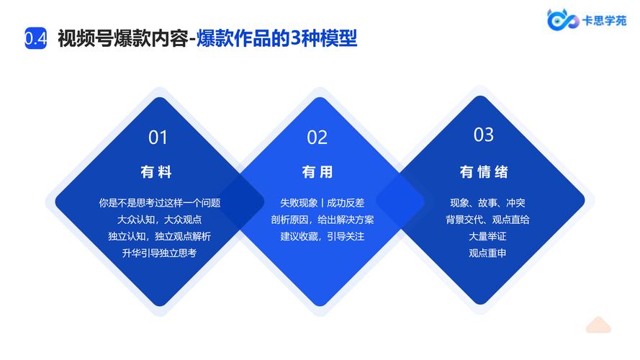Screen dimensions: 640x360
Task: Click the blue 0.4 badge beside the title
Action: [x=35, y=38]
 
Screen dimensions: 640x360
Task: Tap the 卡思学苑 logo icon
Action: [x=563, y=19]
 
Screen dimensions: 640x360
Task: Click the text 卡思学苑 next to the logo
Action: [x=605, y=20]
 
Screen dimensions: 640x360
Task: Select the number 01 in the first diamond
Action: [x=158, y=138]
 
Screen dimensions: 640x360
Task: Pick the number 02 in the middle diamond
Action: [x=317, y=138]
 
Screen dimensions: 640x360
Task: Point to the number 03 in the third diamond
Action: [x=484, y=135]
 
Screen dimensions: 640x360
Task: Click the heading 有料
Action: [x=156, y=172]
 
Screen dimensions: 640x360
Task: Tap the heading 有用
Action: [x=317, y=172]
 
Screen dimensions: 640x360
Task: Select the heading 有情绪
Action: [x=484, y=172]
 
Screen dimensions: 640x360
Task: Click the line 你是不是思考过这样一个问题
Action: [x=160, y=203]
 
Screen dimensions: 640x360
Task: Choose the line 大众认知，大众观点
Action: [x=160, y=220]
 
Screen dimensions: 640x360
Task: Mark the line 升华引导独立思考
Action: [x=160, y=253]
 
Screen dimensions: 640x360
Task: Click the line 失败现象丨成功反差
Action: [x=322, y=203]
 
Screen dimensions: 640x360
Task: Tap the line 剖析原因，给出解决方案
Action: [x=322, y=220]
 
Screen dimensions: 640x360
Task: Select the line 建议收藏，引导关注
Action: [x=322, y=236]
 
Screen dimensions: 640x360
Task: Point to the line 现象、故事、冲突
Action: [x=487, y=203]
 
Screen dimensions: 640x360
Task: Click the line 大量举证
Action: [x=487, y=236]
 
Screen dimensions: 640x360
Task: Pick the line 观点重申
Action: [x=487, y=253]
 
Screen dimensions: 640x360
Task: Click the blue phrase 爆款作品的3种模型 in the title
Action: [x=276, y=39]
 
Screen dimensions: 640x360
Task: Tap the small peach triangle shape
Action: [x=598, y=325]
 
